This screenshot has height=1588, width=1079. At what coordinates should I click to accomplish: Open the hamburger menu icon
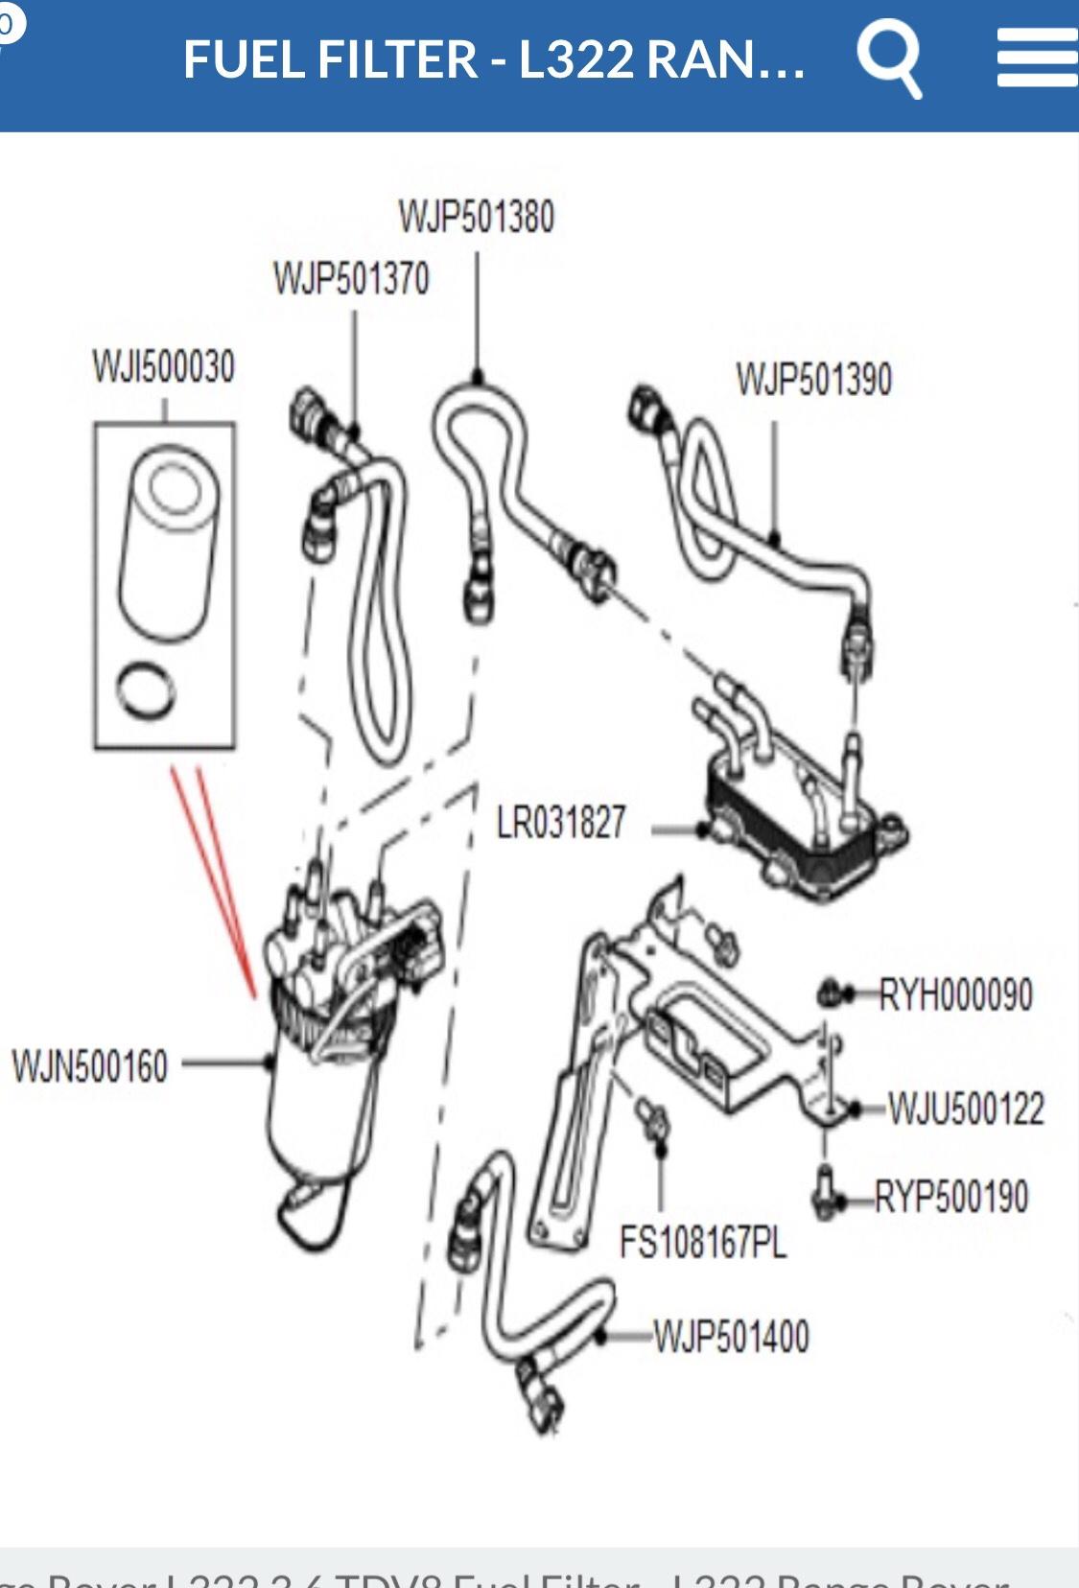click(1036, 58)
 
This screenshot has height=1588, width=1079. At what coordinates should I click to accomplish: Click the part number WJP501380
click(477, 217)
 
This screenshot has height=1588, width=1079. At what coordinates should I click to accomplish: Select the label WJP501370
click(351, 279)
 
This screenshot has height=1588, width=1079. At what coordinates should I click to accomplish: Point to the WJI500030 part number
click(163, 366)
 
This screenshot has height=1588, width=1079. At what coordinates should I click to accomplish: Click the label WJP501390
click(813, 380)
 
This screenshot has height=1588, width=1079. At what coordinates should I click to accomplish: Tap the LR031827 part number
click(561, 823)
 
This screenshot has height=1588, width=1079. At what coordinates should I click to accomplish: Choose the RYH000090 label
click(955, 995)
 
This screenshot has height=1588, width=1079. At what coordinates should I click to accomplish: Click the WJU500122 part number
click(965, 1109)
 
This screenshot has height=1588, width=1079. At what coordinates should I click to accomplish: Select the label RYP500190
click(950, 1197)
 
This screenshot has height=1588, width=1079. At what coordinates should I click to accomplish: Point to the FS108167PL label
click(702, 1243)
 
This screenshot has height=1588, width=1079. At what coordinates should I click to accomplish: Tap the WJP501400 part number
click(731, 1336)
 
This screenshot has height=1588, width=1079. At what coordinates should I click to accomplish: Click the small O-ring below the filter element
click(147, 691)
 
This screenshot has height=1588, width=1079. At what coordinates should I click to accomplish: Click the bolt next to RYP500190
click(826, 1192)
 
